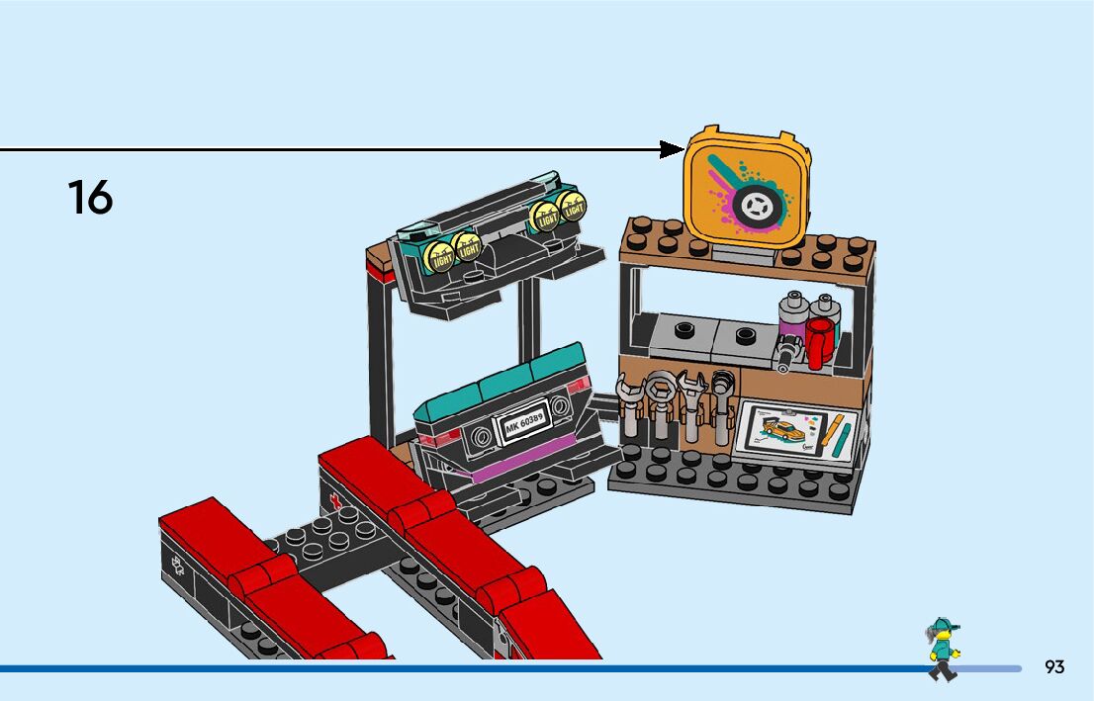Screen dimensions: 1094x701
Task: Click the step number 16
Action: [x=90, y=197]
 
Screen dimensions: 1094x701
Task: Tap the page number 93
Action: [x=1054, y=667]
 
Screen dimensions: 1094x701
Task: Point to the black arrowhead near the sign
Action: [x=673, y=149]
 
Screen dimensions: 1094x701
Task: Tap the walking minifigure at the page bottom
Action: [x=943, y=649]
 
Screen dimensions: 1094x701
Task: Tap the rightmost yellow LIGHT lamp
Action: [x=572, y=206]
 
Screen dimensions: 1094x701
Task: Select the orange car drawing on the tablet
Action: [x=782, y=431]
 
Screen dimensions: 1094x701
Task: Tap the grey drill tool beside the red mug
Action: [x=788, y=352]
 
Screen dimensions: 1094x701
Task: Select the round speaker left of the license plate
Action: [x=483, y=435]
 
